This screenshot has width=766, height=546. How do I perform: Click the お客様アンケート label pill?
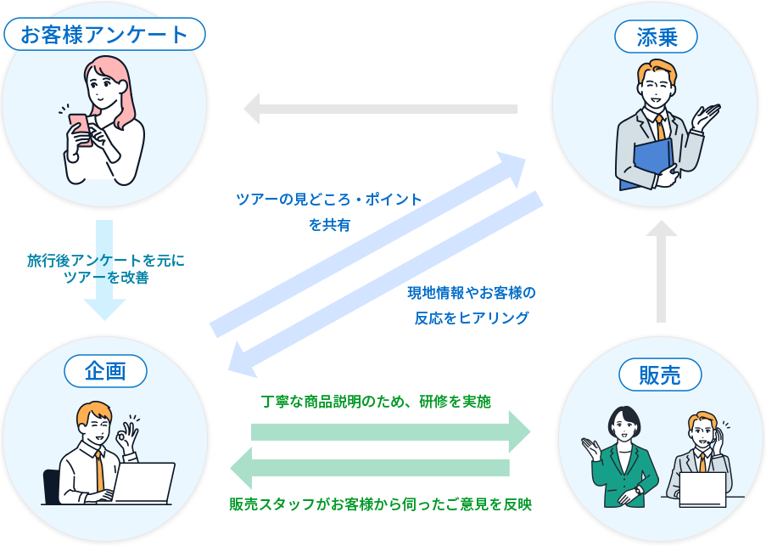(x=104, y=35)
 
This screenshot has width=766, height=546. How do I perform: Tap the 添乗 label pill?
(x=655, y=37)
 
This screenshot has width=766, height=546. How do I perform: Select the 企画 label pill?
(x=105, y=370)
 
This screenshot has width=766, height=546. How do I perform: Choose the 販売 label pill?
(x=659, y=375)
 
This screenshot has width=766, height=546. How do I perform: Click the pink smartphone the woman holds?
(x=79, y=127)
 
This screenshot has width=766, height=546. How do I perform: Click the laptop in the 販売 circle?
(x=702, y=489)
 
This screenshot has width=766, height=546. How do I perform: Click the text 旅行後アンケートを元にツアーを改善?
(x=105, y=268)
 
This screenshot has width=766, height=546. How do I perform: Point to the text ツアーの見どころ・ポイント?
(x=329, y=200)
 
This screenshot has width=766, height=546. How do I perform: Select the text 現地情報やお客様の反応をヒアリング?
(x=472, y=305)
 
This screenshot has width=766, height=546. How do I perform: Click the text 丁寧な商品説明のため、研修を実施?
(x=376, y=401)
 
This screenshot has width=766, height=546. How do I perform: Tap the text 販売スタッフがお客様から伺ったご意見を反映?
(x=380, y=504)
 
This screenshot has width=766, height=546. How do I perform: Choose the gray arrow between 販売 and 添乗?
(x=661, y=272)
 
